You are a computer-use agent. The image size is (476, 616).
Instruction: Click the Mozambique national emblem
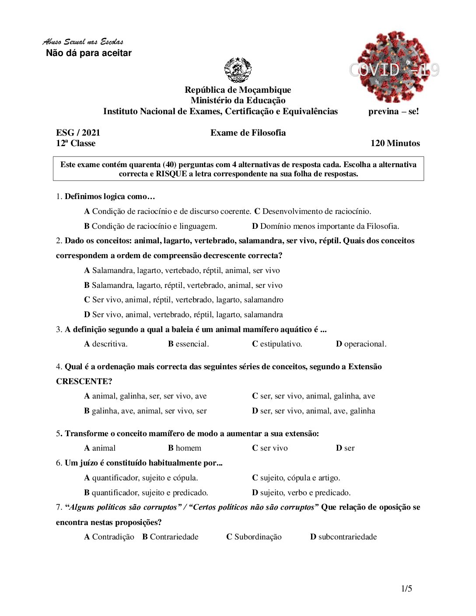point(238,70)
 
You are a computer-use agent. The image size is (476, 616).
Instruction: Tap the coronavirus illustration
point(393,66)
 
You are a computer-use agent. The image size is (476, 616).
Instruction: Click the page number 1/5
point(406,588)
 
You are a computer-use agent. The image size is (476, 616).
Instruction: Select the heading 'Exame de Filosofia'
point(248,133)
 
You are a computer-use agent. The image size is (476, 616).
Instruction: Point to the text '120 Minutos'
point(395,143)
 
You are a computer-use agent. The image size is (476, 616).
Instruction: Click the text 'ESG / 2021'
point(78,133)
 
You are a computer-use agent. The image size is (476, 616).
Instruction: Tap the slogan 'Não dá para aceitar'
point(89,53)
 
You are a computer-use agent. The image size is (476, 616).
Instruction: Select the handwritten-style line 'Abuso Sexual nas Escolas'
point(83,42)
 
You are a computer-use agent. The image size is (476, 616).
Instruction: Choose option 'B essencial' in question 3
point(189,344)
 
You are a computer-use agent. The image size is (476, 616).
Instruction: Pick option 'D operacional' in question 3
point(361,344)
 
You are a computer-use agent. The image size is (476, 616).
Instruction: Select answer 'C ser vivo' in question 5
point(270,448)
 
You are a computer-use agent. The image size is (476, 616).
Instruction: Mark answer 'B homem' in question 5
point(185,448)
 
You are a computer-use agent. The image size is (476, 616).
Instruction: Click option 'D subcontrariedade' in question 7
point(343,537)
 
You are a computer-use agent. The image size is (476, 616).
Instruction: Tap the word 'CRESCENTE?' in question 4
point(84,381)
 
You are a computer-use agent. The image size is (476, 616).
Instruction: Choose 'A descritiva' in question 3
point(106,344)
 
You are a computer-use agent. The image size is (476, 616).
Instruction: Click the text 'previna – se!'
point(393,111)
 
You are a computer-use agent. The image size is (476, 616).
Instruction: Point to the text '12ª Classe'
point(76,143)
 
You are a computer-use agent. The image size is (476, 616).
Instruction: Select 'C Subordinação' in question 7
point(254,537)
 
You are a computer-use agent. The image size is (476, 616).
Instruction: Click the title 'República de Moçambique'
point(238,90)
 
